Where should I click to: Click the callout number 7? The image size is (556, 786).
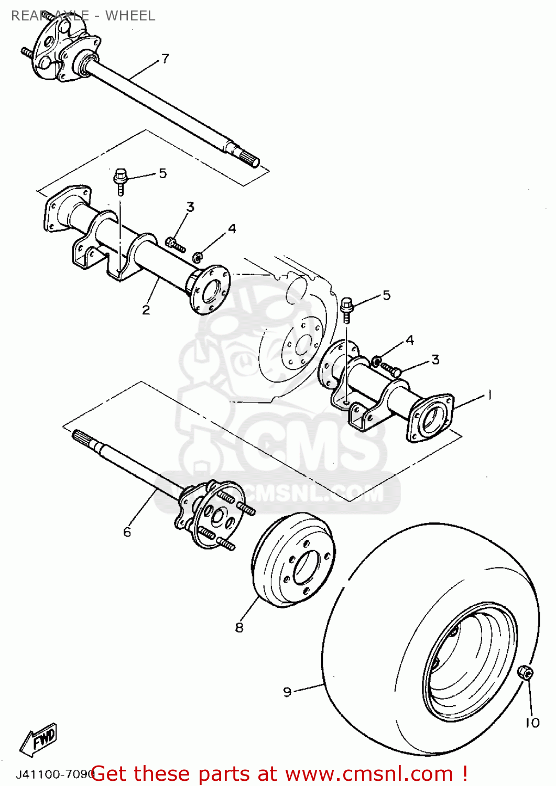(x=165, y=58)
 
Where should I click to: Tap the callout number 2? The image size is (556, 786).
(x=146, y=310)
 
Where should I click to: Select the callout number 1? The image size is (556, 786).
(x=489, y=395)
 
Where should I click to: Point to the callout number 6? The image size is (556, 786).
(x=127, y=532)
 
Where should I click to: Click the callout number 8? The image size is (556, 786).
(x=239, y=627)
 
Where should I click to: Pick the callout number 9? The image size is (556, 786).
(x=287, y=692)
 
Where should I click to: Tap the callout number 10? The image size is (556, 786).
(x=532, y=723)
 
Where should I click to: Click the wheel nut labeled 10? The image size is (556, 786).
(x=525, y=672)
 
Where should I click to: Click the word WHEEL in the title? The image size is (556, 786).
(x=130, y=16)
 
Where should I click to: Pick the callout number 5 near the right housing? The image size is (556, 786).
(x=387, y=295)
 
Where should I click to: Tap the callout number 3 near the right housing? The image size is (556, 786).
(x=435, y=359)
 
